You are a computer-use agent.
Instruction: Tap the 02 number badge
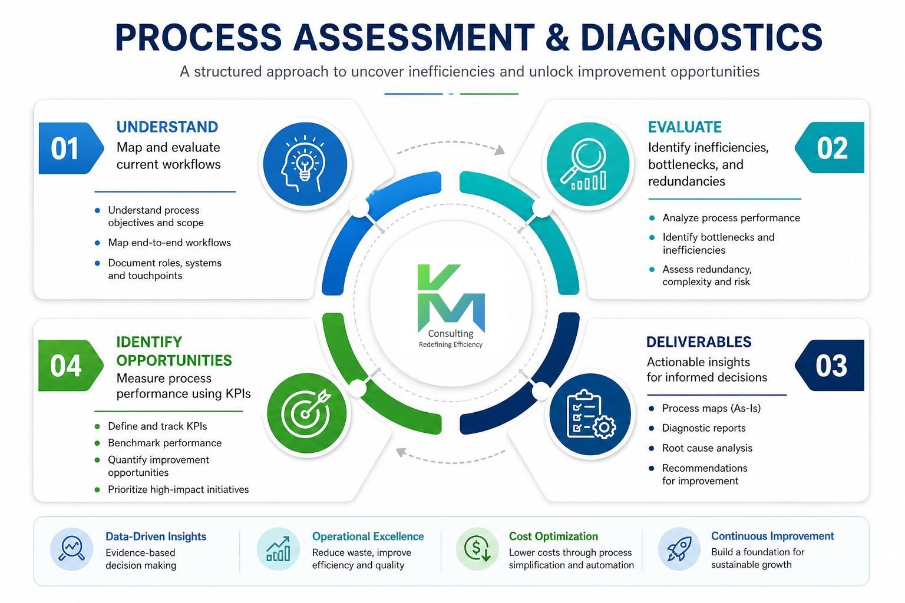coord(830,147)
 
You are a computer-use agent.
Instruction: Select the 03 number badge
coord(830,365)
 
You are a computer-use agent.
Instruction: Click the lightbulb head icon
coord(305,164)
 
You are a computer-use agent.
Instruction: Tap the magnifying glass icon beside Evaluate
coord(588,164)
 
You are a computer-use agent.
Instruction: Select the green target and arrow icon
coord(306,413)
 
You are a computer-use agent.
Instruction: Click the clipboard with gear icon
coord(590,414)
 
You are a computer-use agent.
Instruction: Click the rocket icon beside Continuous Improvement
coord(679,548)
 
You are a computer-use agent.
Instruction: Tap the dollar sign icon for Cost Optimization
coord(477,549)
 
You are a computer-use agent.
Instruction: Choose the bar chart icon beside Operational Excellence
coord(278,549)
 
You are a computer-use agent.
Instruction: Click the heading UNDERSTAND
coord(167,127)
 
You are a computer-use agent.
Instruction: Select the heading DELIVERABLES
coord(699,342)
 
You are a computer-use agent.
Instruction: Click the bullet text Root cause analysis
coord(707,448)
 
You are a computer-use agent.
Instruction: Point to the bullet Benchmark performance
coord(164,443)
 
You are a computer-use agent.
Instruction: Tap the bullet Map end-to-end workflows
coord(169,243)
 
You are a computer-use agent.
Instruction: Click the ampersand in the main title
coord(558,37)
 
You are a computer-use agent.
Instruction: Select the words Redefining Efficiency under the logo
coord(451,344)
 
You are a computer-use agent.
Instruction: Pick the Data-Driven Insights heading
coord(156,536)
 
